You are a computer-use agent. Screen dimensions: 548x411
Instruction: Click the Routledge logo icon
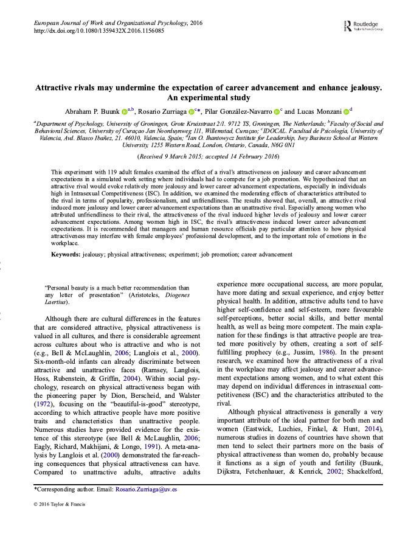coord(346,26)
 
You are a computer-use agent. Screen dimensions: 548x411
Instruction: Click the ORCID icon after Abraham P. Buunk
coord(125,111)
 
